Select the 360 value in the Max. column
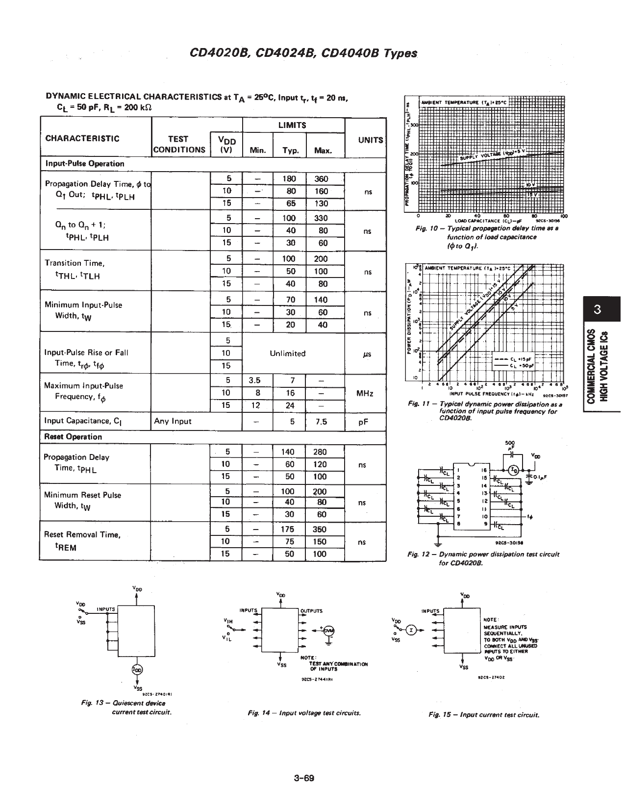pos(321,179)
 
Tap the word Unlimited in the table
pos(288,354)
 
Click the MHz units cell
pos(365,393)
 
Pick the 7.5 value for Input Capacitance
pos(321,421)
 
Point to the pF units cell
pos(363,421)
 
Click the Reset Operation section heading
pos(73,437)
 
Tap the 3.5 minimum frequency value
pos(254,380)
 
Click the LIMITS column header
pos(292,125)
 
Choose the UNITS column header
pos(371,140)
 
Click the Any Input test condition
pos(173,421)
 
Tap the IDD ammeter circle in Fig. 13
pos(137,669)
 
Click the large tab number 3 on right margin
pos(597,310)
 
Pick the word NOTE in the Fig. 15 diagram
pos(490,619)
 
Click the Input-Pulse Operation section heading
pos(85,164)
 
